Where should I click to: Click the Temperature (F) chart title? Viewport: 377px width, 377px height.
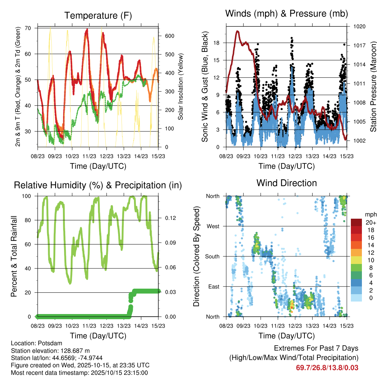tap(98, 15)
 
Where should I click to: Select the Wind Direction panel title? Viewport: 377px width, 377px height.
tap(286, 183)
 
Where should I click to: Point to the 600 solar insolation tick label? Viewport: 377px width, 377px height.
tap(169, 36)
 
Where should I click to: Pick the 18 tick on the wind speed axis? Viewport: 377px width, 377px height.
tap(216, 43)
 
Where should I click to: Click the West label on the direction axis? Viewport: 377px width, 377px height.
tap(213, 226)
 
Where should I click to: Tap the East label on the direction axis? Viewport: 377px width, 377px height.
tap(214, 286)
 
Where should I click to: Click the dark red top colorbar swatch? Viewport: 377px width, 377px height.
tap(356, 222)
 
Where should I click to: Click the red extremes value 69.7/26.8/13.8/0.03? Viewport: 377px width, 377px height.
tap(327, 368)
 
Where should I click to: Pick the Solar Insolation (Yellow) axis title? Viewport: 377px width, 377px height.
tap(180, 87)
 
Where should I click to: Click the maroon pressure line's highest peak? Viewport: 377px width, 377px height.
tap(238, 32)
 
